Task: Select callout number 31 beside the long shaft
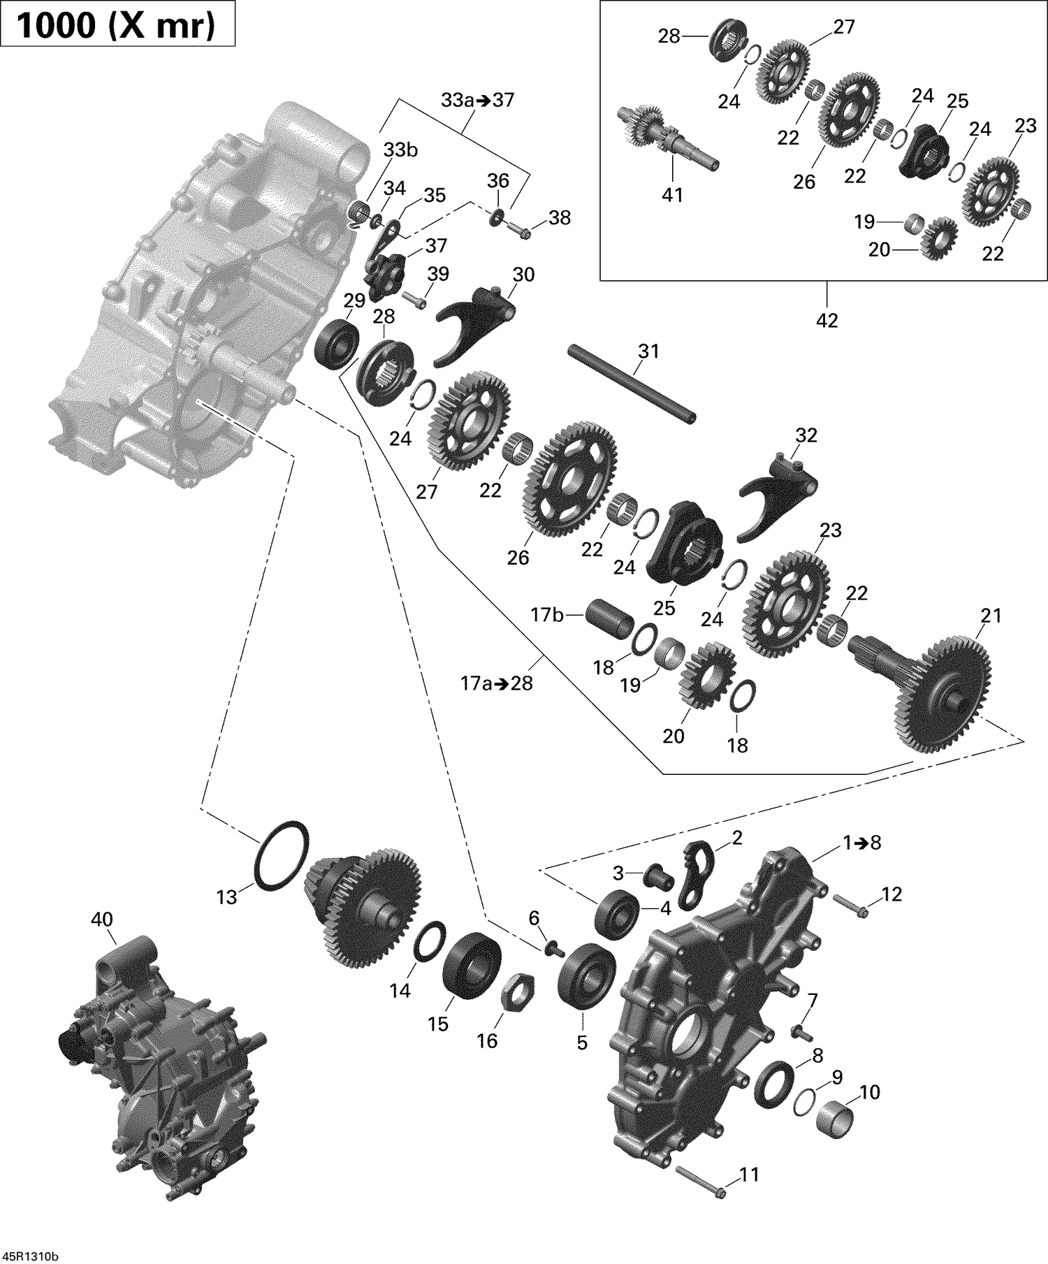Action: (x=648, y=351)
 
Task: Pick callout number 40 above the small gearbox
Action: (x=102, y=920)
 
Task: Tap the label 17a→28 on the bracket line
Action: (x=496, y=683)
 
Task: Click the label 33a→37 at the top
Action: (x=477, y=100)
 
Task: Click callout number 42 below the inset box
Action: (x=827, y=320)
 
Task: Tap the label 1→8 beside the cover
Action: (x=861, y=843)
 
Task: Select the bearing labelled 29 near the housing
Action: (x=337, y=343)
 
